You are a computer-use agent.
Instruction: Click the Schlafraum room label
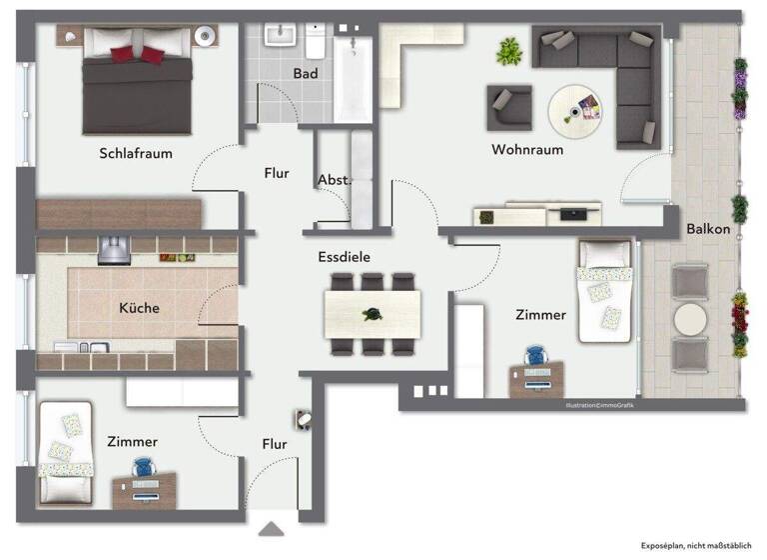point(136,153)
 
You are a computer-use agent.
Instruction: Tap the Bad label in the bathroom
point(306,74)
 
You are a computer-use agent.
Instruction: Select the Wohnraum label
point(527,150)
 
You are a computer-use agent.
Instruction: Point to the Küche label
point(139,308)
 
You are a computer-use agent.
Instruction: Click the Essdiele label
point(345,257)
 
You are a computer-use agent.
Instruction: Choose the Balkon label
point(708,229)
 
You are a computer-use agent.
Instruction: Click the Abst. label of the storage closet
point(334,180)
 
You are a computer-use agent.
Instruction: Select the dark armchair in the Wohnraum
point(509,106)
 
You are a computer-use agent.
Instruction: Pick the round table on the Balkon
point(689,319)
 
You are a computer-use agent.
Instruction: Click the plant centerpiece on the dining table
point(373,314)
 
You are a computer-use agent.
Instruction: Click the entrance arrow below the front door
point(272,528)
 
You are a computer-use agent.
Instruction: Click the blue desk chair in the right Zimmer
point(536,357)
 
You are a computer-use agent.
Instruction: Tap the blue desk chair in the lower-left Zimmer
point(146,469)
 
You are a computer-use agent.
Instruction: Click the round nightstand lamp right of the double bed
point(207,37)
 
